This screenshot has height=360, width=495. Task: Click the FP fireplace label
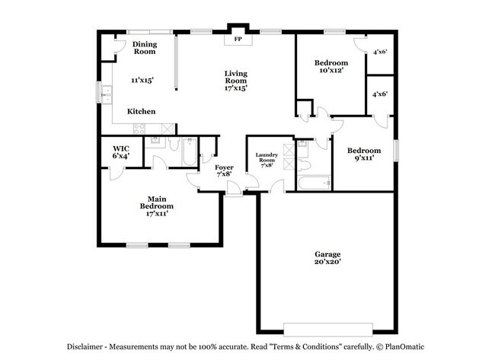click(x=238, y=39)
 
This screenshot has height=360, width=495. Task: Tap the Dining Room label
click(x=145, y=48)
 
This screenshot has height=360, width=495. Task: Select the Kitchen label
click(x=142, y=111)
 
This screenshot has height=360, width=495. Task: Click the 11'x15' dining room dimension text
click(x=142, y=80)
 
